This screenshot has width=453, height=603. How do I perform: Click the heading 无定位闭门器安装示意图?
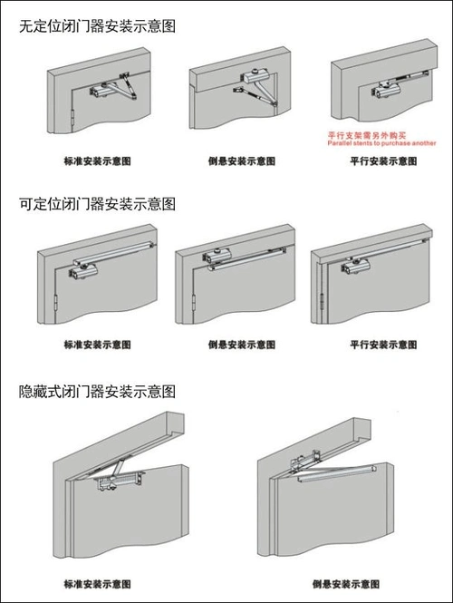click(x=97, y=25)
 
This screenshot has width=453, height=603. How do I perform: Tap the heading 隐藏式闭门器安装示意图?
click(x=97, y=392)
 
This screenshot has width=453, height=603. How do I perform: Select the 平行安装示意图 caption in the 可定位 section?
click(x=382, y=345)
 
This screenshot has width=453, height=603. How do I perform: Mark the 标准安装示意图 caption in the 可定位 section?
click(x=96, y=345)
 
